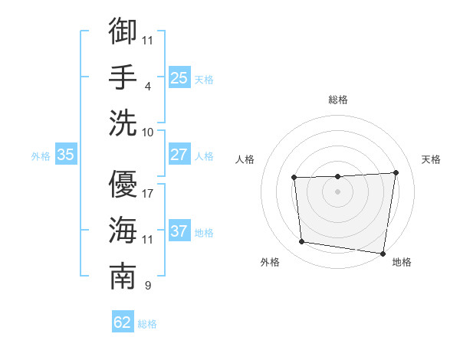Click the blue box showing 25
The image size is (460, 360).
[179, 77]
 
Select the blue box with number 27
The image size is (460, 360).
[179, 154]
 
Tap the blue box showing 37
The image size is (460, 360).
[179, 231]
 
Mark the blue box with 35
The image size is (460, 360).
[65, 154]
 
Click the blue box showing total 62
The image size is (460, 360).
[123, 322]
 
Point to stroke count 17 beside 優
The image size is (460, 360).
[148, 193]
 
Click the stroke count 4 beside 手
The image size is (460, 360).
[147, 86]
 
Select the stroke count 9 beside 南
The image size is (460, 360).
[147, 286]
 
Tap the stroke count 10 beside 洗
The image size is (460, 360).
[148, 132]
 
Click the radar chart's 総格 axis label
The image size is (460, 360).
[337, 100]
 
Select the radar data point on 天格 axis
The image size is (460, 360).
[396, 172]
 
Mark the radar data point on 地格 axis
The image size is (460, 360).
[383, 254]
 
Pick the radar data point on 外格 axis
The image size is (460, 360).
[302, 242]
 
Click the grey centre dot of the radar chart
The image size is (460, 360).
[337, 191]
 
